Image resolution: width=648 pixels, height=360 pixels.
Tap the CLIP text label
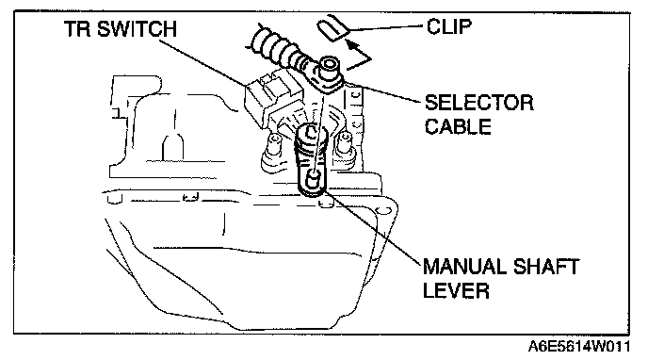(449, 26)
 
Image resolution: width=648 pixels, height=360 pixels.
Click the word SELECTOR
(479, 103)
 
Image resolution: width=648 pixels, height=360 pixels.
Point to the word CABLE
(458, 126)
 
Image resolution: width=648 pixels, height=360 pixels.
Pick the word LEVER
(456, 290)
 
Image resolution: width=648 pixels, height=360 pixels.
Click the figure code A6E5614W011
(579, 347)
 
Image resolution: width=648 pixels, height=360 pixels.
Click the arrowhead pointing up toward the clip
(351, 43)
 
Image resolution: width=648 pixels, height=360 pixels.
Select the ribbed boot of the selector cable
(277, 46)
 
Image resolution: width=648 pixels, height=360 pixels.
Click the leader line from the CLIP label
(387, 28)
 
